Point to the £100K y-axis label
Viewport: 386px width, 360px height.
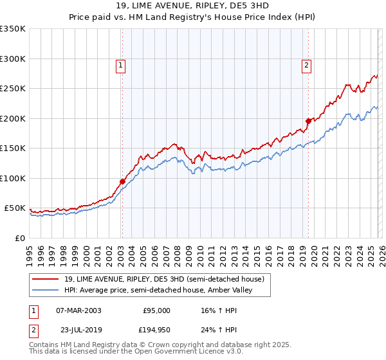coord(13,178)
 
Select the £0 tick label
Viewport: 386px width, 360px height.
coord(19,238)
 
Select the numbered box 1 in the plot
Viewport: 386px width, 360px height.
coord(120,64)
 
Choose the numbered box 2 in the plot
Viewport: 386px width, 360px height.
coord(307,64)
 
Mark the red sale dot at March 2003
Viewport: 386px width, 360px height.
coord(122,181)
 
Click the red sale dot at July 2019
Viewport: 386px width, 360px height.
coord(308,121)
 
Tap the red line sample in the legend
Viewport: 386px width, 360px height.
coord(46,279)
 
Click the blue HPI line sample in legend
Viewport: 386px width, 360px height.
coord(46,291)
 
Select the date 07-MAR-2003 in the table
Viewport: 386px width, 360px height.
coord(79,310)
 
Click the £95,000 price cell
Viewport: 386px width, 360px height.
coord(156,310)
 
